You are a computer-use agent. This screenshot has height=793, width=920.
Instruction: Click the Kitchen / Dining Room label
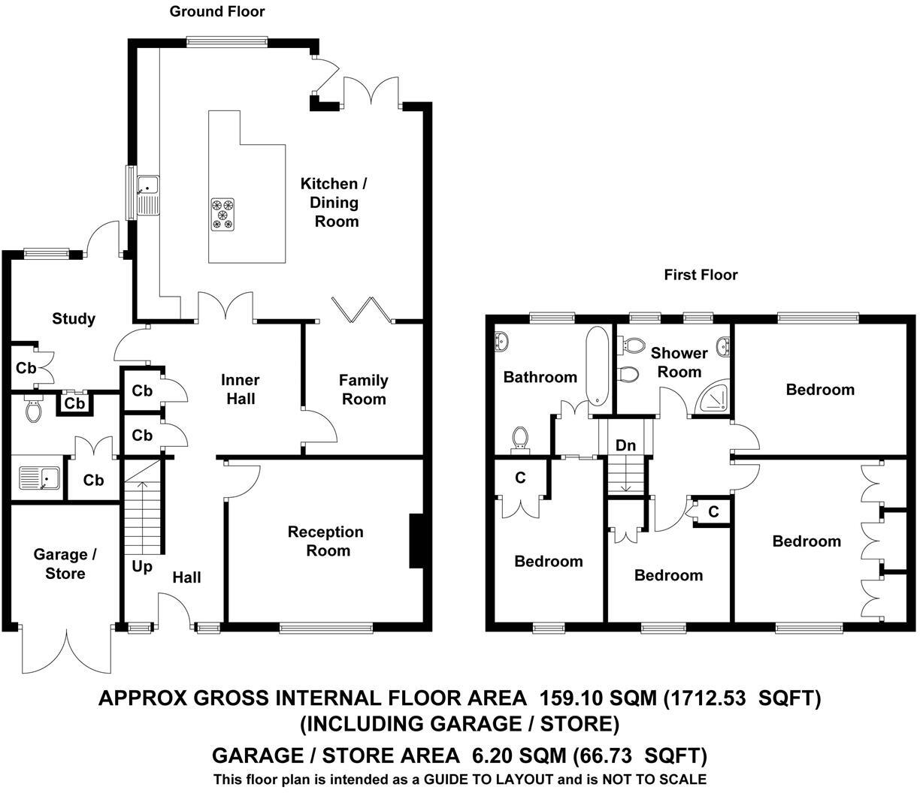pyautogui.click(x=335, y=202)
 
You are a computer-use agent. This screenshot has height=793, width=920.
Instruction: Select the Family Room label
pyautogui.click(x=364, y=389)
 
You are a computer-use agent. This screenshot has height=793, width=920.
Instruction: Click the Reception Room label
pyautogui.click(x=325, y=541)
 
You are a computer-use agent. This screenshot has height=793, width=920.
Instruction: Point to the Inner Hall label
pyautogui.click(x=240, y=389)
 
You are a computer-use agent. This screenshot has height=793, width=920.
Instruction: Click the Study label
pyautogui.click(x=74, y=318)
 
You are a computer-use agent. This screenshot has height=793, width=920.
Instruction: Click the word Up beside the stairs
pyautogui.click(x=141, y=566)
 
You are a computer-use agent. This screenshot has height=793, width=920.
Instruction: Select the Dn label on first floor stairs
pyautogui.click(x=625, y=445)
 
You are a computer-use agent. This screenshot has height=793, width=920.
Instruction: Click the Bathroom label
pyautogui.click(x=540, y=377)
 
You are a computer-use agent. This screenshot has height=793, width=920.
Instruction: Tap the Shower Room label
pyautogui.click(x=679, y=362)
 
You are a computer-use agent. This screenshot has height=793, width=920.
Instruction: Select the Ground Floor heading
pyautogui.click(x=217, y=11)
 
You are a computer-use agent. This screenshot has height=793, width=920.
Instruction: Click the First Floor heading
pyautogui.click(x=701, y=275)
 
